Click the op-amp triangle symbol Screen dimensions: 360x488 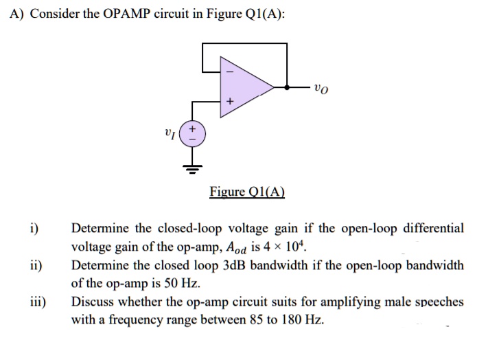[244, 87]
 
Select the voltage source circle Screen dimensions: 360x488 [192, 133]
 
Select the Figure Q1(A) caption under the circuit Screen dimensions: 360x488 [247, 192]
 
